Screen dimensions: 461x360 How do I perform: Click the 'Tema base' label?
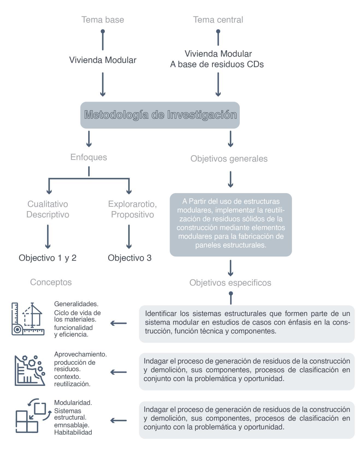click(103, 20)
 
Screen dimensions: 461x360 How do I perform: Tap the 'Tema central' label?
click(218, 20)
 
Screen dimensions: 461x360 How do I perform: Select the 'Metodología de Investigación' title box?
click(160, 115)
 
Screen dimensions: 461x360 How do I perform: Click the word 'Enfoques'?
click(88, 157)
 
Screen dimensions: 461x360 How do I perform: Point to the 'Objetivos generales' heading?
click(229, 159)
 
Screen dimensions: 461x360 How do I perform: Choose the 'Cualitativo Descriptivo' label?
click(48, 209)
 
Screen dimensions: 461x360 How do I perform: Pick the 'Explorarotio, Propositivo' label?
click(132, 209)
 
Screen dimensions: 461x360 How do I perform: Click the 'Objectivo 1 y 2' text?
click(48, 258)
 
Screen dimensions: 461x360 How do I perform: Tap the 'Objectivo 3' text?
click(129, 258)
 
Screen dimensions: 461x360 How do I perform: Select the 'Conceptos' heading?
click(51, 282)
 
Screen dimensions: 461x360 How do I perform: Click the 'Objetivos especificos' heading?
click(230, 283)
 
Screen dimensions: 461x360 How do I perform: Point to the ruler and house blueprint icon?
click(28, 319)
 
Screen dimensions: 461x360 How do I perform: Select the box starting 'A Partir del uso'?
click(231, 224)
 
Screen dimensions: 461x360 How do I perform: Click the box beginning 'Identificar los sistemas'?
click(247, 324)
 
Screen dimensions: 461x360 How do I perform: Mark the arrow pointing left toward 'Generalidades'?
click(119, 323)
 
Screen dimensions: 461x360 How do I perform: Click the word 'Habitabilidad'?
click(73, 432)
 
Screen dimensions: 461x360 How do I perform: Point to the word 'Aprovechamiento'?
click(80, 354)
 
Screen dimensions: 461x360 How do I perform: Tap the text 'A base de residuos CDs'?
click(217, 64)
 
